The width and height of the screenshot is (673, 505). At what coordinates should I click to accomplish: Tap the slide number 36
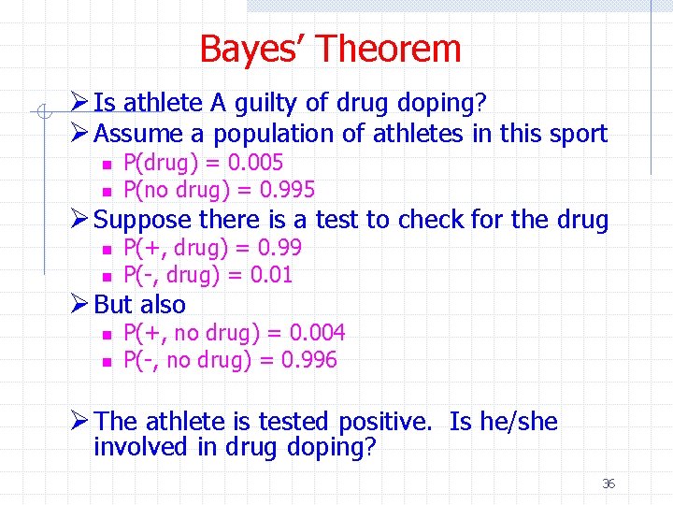609,483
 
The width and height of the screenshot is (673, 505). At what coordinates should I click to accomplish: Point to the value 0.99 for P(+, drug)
279,247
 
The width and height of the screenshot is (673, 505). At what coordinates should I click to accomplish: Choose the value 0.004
318,332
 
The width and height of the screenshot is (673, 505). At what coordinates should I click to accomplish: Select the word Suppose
140,220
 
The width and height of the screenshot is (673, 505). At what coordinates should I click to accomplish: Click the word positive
383,422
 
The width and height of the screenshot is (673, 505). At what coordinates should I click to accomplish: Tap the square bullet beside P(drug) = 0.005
107,164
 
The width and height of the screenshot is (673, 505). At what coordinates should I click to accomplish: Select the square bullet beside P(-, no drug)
107,362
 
